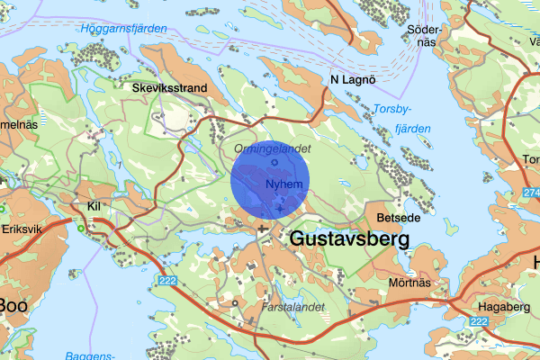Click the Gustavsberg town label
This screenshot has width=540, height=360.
point(349,239)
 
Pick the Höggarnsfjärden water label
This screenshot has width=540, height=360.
point(122,29)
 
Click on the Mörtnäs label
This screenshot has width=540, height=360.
point(407,282)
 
